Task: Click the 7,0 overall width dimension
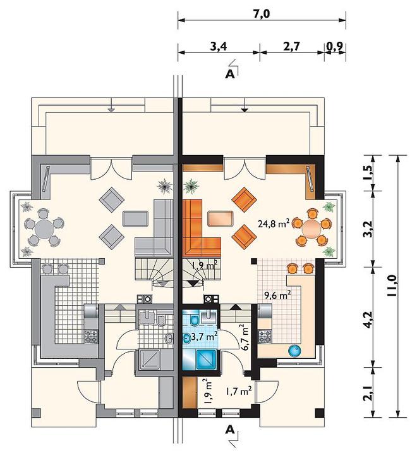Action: coord(262,14)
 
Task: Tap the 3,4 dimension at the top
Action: coord(219,46)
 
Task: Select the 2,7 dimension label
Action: coord(291,46)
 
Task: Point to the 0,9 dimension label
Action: coord(335,46)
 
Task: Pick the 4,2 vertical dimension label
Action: coord(368,320)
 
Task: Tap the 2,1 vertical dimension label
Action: coord(368,394)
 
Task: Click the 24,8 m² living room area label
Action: coord(273,223)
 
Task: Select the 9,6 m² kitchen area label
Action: coord(277,295)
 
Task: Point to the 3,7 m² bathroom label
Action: coord(203,337)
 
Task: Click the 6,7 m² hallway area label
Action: coord(245,337)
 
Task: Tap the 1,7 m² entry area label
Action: coord(239,391)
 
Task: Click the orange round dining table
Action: coord(311,228)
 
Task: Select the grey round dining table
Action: coord(44,228)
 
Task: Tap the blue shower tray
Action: coord(207,359)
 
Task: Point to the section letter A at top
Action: coord(230,75)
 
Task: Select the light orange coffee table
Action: coord(221,218)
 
